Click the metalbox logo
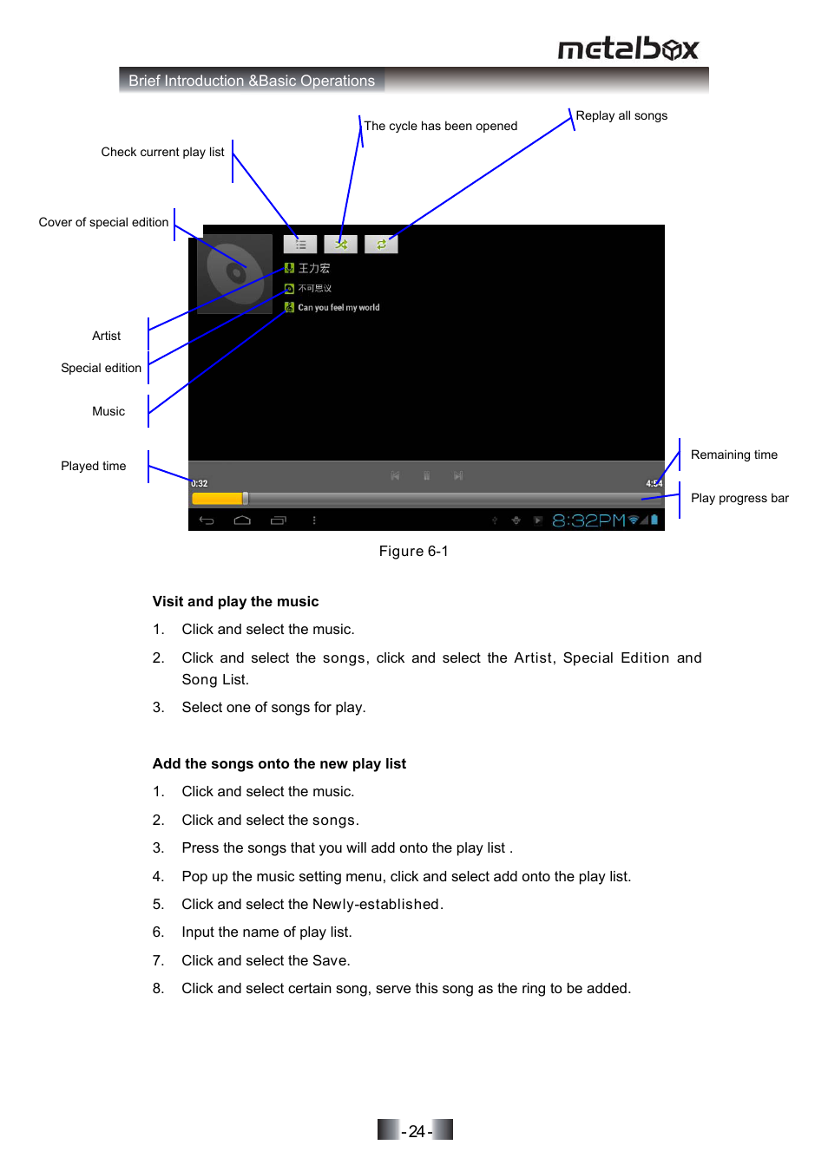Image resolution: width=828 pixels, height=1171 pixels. [628, 49]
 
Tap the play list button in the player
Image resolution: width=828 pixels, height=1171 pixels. [300, 245]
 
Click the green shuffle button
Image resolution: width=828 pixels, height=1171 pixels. [341, 245]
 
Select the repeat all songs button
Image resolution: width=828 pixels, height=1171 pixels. [381, 245]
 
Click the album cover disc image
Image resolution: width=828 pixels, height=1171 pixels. [234, 273]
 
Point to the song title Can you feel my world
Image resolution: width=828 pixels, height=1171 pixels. [338, 307]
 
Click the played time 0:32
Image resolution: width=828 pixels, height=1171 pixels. [200, 484]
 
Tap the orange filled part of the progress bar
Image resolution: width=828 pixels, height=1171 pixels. [217, 499]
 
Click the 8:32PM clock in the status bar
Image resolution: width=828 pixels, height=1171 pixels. [588, 520]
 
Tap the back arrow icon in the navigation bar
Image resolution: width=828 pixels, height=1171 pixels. [207, 520]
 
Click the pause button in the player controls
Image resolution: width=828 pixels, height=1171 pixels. [426, 475]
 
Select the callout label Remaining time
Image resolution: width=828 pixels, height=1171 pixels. [733, 455]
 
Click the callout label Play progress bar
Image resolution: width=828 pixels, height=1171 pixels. [739, 498]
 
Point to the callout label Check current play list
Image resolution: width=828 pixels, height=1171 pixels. [162, 152]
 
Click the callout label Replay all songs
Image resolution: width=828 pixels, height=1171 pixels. [621, 115]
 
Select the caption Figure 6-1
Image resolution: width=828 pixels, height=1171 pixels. [413, 551]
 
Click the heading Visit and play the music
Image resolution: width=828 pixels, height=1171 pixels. [235, 601]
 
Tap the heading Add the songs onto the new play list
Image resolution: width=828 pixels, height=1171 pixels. [279, 763]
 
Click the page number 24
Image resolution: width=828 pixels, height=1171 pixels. [417, 1131]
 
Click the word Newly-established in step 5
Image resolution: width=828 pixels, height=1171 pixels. [376, 904]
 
